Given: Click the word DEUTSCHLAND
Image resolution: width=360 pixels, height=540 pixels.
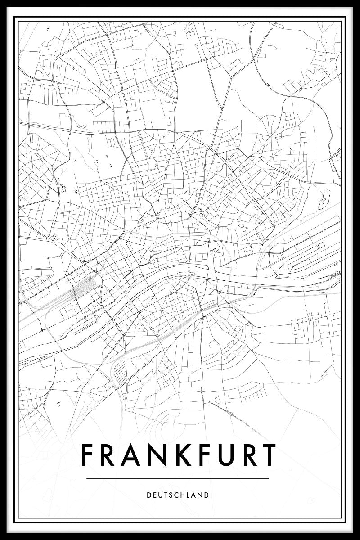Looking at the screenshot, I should (178, 495).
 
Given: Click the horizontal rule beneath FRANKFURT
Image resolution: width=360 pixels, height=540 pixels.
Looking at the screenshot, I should (178, 478).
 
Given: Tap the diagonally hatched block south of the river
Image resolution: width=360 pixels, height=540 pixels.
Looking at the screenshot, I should (120, 371).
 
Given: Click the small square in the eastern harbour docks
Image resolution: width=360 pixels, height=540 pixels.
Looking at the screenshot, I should (321, 245).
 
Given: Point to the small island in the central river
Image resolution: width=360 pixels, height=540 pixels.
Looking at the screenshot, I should (184, 272).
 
